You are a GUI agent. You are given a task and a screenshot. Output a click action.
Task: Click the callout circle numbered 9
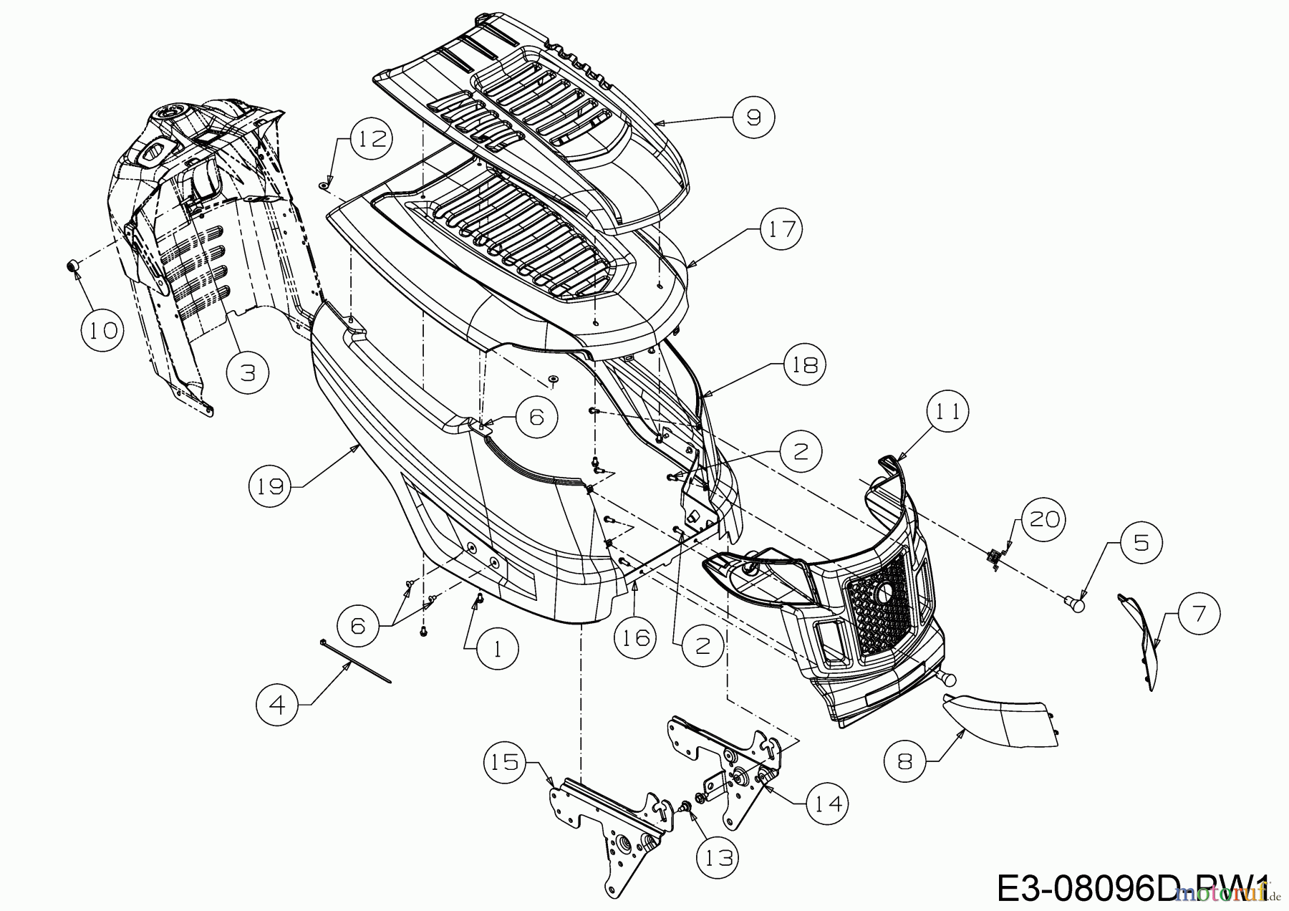pyautogui.click(x=753, y=116)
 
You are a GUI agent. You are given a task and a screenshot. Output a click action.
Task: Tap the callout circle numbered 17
pyautogui.click(x=782, y=228)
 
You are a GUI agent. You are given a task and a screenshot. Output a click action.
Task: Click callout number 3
pyautogui.click(x=248, y=372)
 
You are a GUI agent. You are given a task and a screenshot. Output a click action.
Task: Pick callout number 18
pyautogui.click(x=805, y=365)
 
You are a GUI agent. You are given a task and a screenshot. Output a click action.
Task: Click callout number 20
pyautogui.click(x=1043, y=519)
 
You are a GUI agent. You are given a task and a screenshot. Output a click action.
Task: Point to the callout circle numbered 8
pyautogui.click(x=905, y=761)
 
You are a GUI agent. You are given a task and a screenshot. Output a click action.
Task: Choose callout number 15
pyautogui.click(x=505, y=761)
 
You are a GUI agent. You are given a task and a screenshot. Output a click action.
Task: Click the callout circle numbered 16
pyautogui.click(x=636, y=637)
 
